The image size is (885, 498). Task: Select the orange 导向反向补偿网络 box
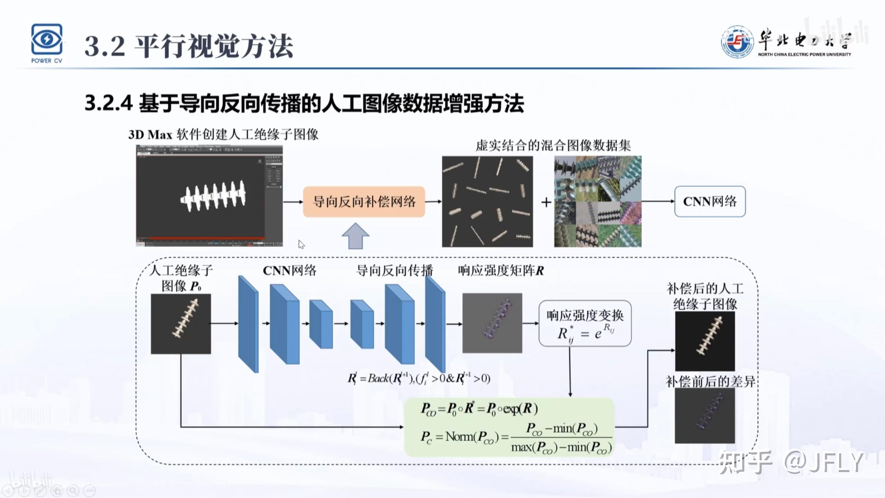[x=364, y=202]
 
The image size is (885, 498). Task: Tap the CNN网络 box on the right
[x=710, y=202]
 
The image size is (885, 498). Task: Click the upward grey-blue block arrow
[x=355, y=236]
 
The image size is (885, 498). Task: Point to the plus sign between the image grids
[x=546, y=202]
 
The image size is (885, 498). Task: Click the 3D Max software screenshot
[x=209, y=196]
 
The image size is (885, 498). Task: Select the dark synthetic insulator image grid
[x=487, y=202]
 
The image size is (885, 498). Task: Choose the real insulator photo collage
[x=598, y=202]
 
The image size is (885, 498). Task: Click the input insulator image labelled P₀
[x=181, y=324]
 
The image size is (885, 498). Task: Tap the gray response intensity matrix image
[x=492, y=323]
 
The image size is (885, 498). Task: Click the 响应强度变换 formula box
[x=585, y=324]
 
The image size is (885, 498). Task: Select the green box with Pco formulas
[x=509, y=427]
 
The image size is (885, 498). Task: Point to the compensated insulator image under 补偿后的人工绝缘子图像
[x=705, y=341]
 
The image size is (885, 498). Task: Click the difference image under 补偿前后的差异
[x=705, y=415]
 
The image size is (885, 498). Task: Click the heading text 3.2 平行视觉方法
[x=189, y=46]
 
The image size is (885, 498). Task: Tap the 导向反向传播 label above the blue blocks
[x=394, y=270]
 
